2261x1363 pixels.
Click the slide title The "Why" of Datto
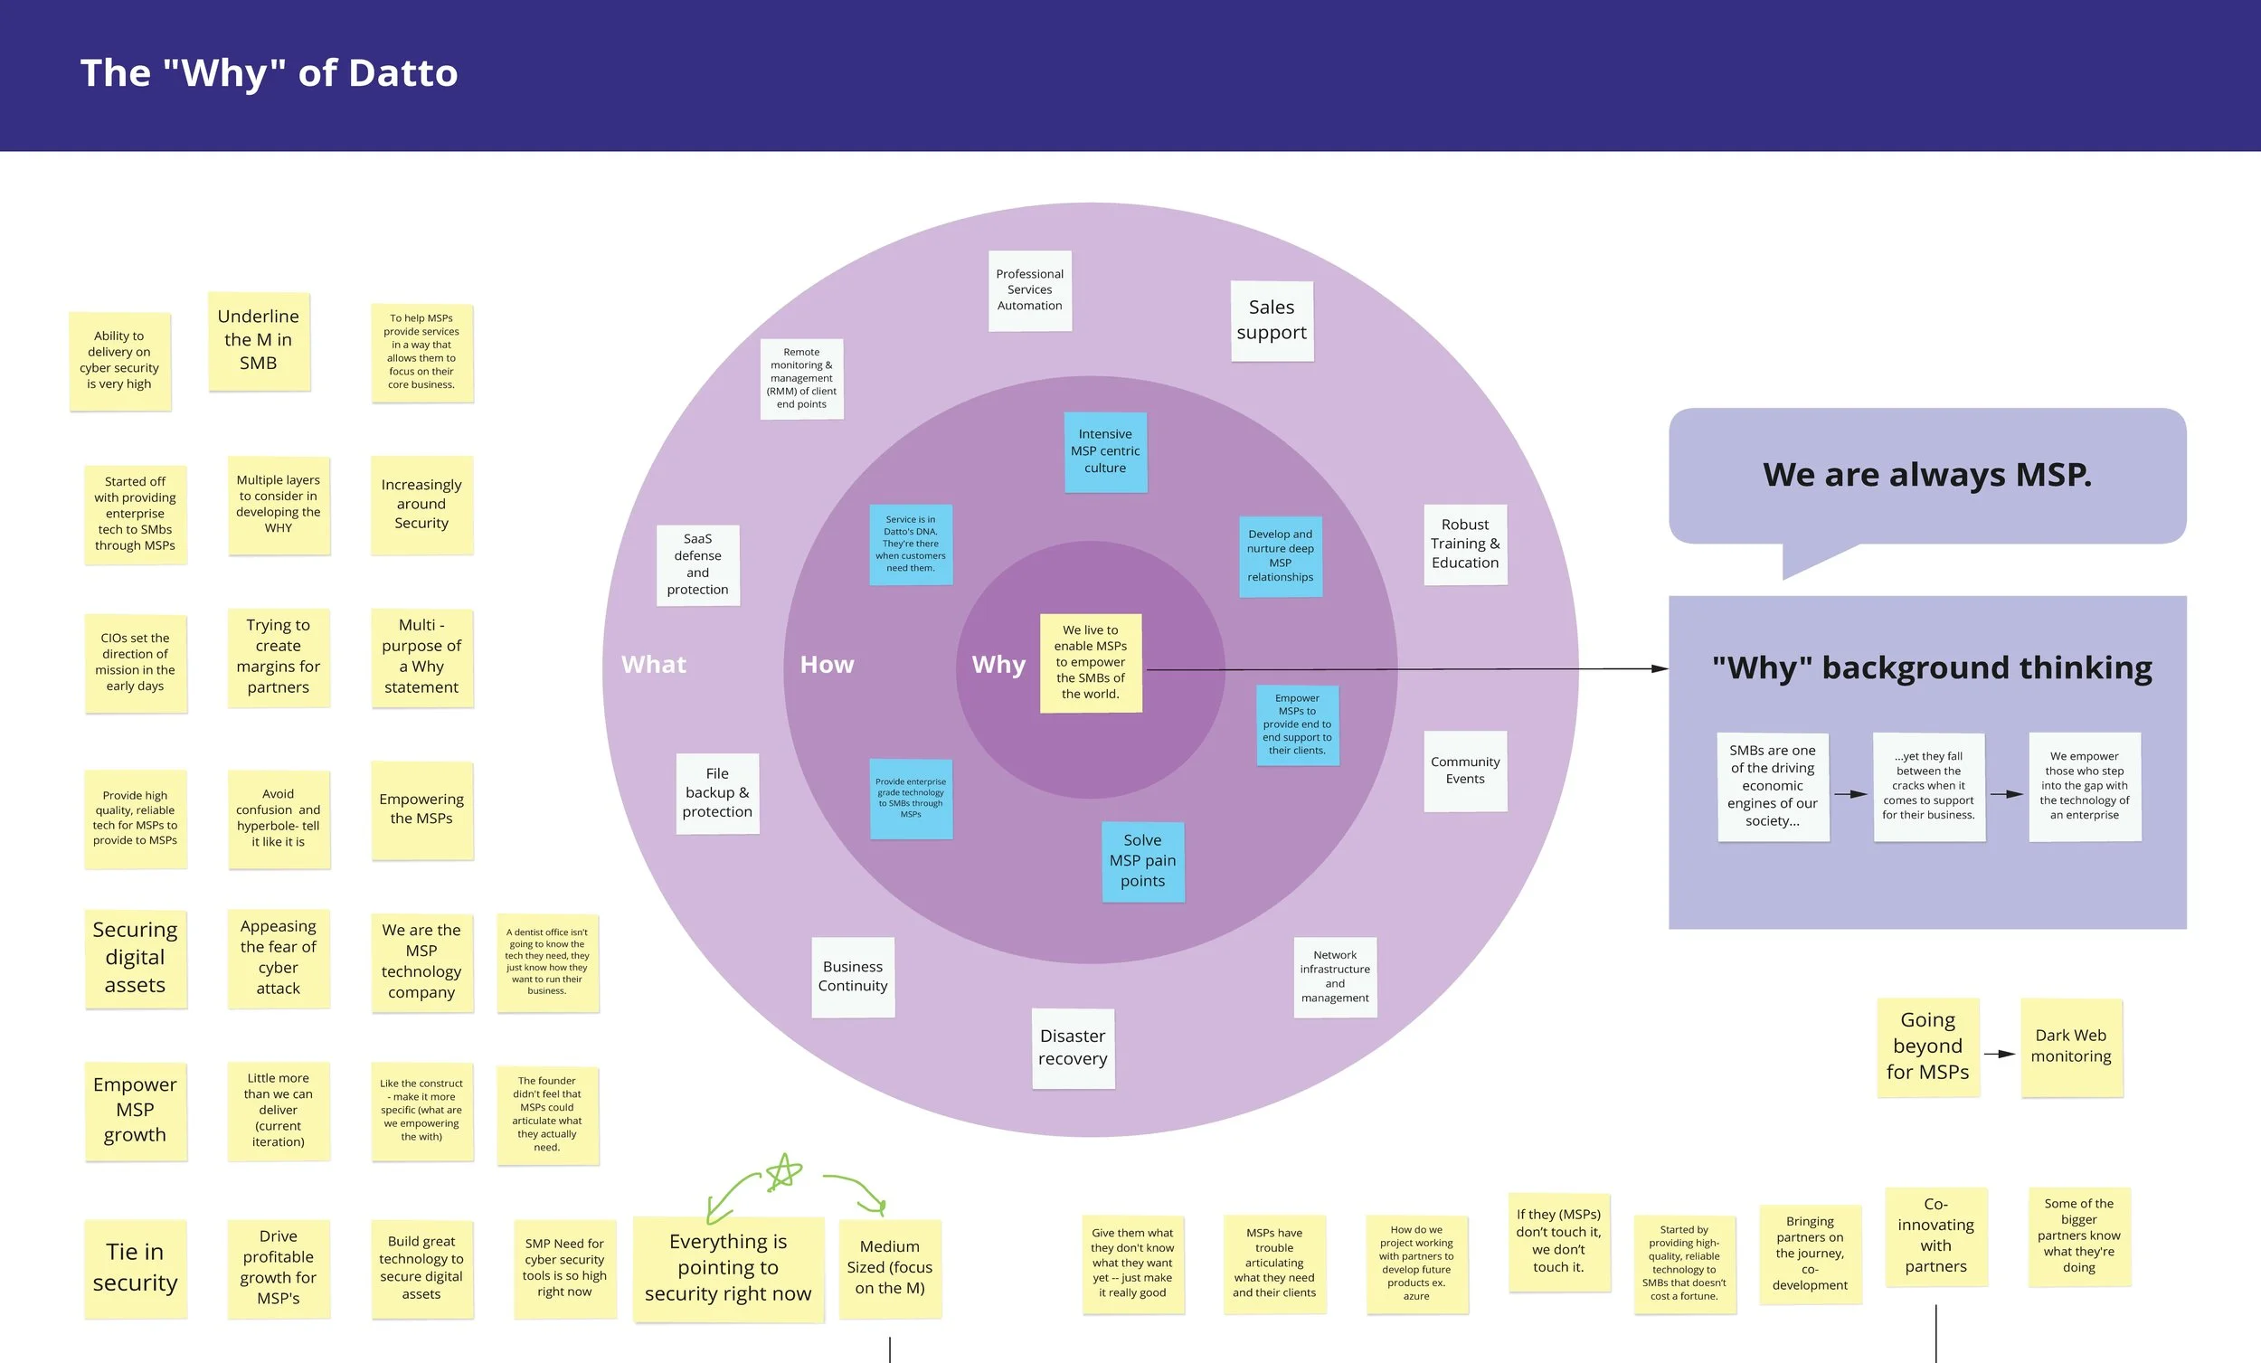(269, 73)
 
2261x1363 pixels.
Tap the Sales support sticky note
(1271, 320)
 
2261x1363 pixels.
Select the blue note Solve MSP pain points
(1142, 861)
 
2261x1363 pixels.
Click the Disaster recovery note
(1073, 1048)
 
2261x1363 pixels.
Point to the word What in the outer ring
(653, 665)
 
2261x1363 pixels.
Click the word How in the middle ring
(827, 665)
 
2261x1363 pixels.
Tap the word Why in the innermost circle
(998, 665)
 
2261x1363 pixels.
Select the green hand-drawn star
(783, 1172)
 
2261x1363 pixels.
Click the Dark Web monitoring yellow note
(2071, 1047)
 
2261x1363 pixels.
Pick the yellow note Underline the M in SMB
(259, 340)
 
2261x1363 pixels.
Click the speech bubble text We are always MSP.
(1927, 475)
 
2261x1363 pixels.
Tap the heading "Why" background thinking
(1932, 667)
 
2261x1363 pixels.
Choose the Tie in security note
(135, 1267)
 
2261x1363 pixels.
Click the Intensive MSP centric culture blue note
(1105, 451)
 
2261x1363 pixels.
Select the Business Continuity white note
(853, 977)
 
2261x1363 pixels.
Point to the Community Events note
(1464, 770)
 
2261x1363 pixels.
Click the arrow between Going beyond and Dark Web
(2000, 1054)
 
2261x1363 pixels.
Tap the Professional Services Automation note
(1029, 290)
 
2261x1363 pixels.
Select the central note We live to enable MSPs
(1090, 663)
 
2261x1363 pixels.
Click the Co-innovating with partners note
(1935, 1235)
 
